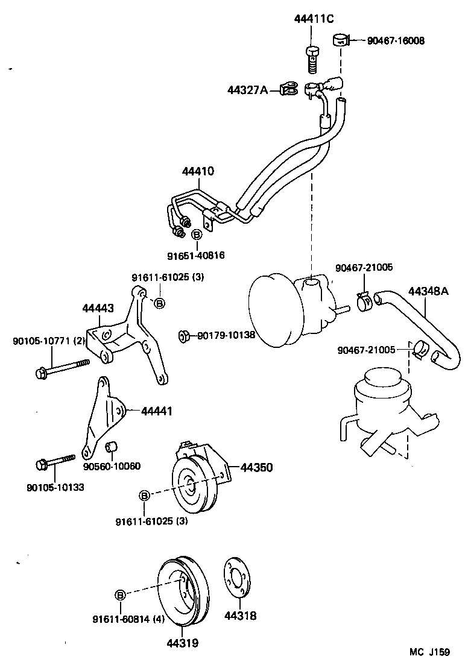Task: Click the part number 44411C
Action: (314, 19)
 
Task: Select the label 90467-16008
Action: (396, 41)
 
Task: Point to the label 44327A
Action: (247, 90)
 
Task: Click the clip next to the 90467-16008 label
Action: (341, 41)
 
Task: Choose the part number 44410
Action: (197, 171)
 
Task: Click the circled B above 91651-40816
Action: (197, 235)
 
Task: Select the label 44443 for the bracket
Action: (98, 308)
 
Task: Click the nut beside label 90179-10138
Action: (183, 335)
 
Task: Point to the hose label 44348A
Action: (429, 291)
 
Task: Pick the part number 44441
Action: (157, 411)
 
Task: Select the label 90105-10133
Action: (55, 487)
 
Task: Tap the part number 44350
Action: (256, 467)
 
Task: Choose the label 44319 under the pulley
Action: (183, 643)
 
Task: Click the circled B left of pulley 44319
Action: (121, 595)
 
